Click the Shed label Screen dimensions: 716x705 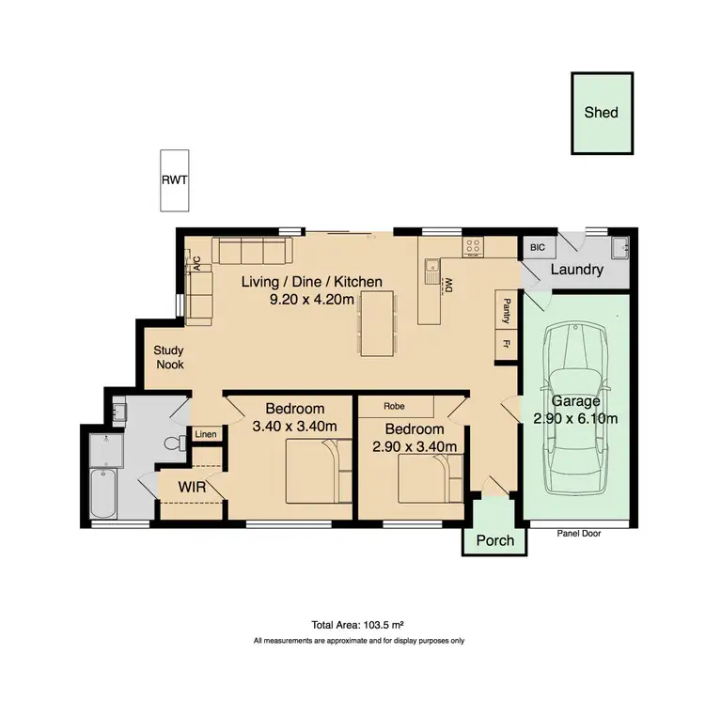pyautogui.click(x=602, y=112)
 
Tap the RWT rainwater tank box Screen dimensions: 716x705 pyautogui.click(x=174, y=179)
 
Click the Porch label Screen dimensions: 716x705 pyautogui.click(x=495, y=540)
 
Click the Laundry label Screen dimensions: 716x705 pyautogui.click(x=576, y=270)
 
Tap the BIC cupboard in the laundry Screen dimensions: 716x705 pyautogui.click(x=538, y=247)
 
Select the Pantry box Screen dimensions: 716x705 pyautogui.click(x=506, y=308)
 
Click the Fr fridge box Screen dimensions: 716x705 pyautogui.click(x=506, y=345)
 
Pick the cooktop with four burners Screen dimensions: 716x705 pyautogui.click(x=473, y=246)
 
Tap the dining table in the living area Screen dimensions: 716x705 pyautogui.click(x=376, y=323)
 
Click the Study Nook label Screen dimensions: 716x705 pyautogui.click(x=169, y=357)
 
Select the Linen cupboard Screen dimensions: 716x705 pyautogui.click(x=205, y=434)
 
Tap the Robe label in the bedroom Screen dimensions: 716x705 pyautogui.click(x=394, y=406)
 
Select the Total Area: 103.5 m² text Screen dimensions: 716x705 pyautogui.click(x=358, y=625)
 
